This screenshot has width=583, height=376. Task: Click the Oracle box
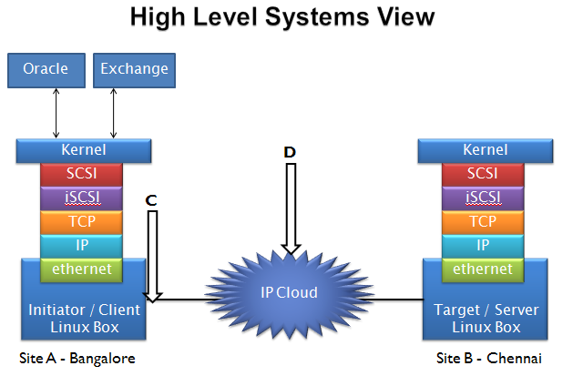point(46,70)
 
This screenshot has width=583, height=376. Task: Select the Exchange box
point(134,70)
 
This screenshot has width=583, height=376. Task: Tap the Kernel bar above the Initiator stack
point(84,150)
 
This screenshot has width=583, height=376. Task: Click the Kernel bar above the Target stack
point(486,150)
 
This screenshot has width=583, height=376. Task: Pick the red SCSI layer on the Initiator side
point(81,174)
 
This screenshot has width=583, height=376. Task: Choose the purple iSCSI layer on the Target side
point(483,198)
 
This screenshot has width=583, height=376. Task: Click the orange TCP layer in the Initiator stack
point(81,222)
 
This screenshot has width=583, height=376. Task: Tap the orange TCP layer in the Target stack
point(483,222)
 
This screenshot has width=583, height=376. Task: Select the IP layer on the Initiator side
point(81,246)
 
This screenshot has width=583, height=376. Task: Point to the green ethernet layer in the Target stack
point(483,269)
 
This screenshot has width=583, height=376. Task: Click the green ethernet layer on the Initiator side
point(81,269)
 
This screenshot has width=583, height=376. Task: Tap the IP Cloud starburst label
point(290,293)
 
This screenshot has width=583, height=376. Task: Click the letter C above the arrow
point(151,200)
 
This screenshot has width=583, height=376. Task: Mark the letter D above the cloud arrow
point(290,152)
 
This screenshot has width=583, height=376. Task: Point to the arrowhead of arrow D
point(291,253)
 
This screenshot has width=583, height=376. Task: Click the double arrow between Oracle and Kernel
point(56,113)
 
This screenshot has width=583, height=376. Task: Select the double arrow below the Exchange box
point(113,113)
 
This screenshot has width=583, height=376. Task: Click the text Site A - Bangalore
point(77,359)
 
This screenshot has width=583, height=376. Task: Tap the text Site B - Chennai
point(489,359)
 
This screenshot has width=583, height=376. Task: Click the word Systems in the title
point(317,18)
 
